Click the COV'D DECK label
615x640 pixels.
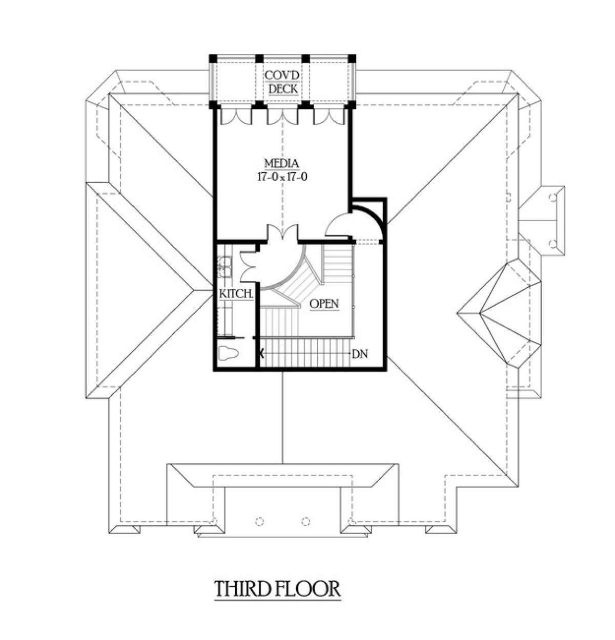pos(282,82)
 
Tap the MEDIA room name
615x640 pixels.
pos(281,164)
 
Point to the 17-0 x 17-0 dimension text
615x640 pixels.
pos(282,177)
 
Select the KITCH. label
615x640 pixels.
pos(236,294)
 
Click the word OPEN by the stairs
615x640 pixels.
pos(324,304)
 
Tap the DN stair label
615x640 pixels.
pos(360,354)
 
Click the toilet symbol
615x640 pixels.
pos(228,354)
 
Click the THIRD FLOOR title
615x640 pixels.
pos(277,589)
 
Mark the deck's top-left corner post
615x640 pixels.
pos(213,57)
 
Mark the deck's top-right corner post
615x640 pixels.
pos(352,57)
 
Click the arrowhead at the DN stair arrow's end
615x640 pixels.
pos(262,353)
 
